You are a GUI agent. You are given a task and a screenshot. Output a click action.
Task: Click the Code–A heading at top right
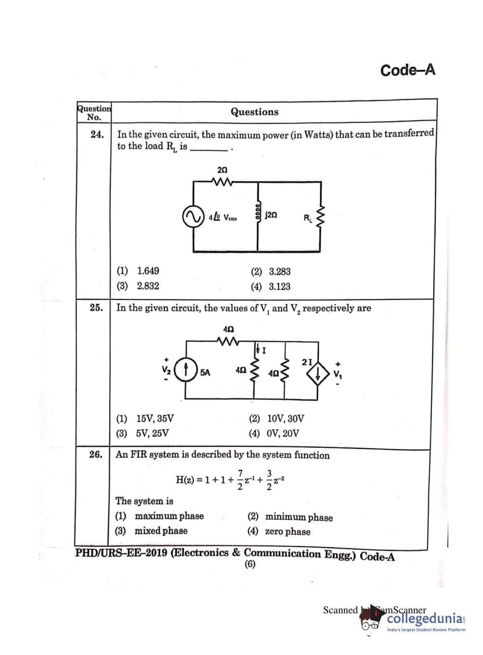[408, 70]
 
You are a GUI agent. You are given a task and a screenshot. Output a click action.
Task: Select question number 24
[97, 135]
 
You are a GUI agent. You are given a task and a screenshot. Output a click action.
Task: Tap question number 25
[96, 308]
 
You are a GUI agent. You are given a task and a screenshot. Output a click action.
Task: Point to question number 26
[96, 455]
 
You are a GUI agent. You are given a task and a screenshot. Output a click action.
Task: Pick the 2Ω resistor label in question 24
[222, 171]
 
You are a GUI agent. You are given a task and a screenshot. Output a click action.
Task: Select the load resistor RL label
[308, 218]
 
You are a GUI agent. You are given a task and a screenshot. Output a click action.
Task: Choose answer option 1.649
[148, 271]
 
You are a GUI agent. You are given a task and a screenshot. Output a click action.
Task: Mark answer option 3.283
[279, 271]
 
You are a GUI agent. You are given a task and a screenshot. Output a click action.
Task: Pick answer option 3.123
[279, 286]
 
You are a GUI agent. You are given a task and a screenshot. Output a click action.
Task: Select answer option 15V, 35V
[154, 418]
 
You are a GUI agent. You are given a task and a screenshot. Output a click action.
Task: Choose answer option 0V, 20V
[282, 433]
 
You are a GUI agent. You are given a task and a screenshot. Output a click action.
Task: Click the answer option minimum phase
[299, 517]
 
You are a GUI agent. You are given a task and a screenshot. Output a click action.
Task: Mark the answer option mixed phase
[161, 531]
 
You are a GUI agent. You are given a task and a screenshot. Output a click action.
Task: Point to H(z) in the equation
[185, 480]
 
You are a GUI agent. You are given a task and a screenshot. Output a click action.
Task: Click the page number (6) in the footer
[250, 564]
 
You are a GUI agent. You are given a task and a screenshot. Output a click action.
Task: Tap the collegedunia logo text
[425, 619]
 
